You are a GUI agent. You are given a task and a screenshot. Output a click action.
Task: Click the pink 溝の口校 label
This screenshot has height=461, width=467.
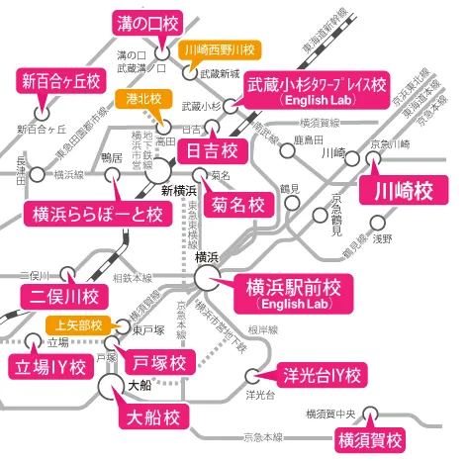pos(147,21)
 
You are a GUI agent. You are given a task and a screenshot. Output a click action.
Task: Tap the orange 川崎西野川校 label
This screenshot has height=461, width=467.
pos(220,48)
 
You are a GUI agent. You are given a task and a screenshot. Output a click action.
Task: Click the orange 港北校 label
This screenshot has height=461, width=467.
pos(145,98)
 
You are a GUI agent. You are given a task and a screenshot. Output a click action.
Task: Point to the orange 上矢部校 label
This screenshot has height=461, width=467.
pos(75,324)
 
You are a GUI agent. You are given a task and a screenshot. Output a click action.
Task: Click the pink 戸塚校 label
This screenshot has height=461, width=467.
pos(159,362)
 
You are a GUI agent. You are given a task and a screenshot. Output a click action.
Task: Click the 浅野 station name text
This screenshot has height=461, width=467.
pos(382,238)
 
